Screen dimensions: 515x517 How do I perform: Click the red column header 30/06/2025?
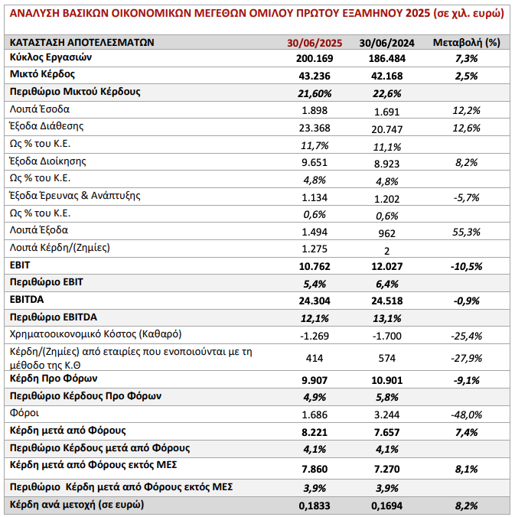[315, 43]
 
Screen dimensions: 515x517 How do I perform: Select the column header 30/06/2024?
[386, 43]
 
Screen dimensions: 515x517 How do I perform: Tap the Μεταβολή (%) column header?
[467, 43]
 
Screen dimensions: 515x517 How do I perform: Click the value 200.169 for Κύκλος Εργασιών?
[315, 58]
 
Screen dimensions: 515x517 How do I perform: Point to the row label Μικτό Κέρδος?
[42, 74]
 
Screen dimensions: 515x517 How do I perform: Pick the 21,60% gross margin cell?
[315, 93]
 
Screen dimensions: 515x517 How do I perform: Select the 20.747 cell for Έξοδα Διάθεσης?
[386, 129]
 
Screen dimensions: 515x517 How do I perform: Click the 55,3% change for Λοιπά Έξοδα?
[467, 232]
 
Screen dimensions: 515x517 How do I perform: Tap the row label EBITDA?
[27, 299]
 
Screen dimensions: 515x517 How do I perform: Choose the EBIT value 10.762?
[315, 266]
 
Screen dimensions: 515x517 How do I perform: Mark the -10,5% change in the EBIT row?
[467, 266]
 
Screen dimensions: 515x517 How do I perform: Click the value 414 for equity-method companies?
[315, 358]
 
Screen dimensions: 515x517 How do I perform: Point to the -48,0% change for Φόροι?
[467, 415]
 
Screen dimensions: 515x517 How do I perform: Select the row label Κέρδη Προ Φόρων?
[54, 379]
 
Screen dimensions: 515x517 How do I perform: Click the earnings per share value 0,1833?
[315, 506]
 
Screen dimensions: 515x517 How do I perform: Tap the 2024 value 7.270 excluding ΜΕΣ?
[386, 469]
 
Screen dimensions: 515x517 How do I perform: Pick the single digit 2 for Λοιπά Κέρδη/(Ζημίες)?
[386, 252]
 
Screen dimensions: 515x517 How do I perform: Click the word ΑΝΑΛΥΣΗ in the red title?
[34, 13]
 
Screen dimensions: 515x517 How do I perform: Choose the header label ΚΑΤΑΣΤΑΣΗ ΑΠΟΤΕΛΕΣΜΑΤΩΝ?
[82, 43]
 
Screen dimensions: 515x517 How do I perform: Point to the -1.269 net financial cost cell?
[315, 336]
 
